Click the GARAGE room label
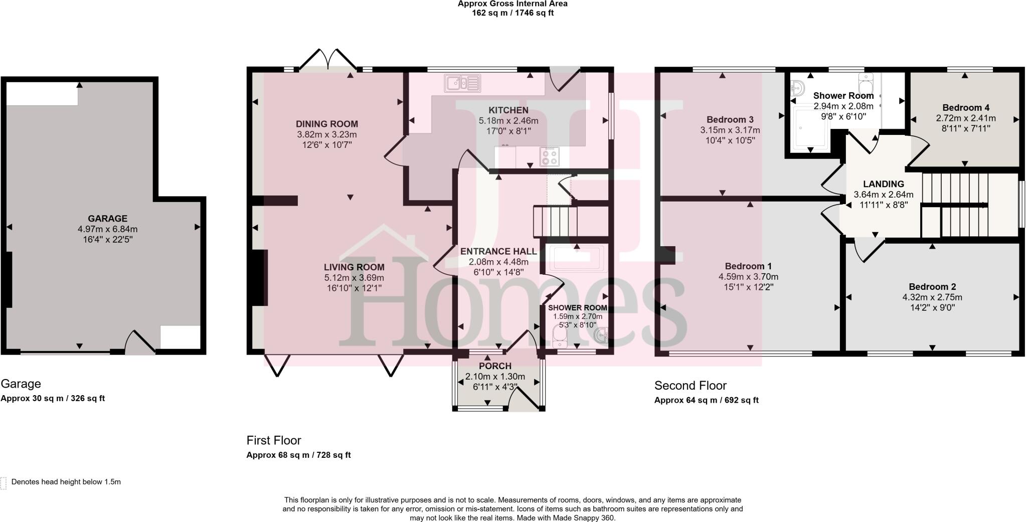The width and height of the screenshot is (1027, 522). click(x=107, y=219)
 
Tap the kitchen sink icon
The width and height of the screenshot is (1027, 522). click(x=462, y=83)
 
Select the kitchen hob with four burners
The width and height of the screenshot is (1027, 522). click(x=550, y=156)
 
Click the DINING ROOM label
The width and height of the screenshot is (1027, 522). click(x=326, y=124)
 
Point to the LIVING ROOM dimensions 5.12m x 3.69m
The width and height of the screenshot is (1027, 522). click(x=354, y=278)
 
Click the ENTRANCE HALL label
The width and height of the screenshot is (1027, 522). click(x=498, y=252)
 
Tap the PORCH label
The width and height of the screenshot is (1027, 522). click(x=495, y=367)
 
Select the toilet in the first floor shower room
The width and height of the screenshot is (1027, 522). click(x=558, y=337)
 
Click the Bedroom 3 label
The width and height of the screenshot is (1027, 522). click(x=730, y=120)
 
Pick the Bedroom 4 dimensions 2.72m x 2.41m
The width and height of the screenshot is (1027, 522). click(x=965, y=119)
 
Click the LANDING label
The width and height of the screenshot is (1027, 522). click(x=883, y=184)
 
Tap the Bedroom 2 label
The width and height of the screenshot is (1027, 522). click(x=932, y=287)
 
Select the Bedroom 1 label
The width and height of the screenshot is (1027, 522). click(x=748, y=266)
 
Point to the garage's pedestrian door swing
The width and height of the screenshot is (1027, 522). click(x=139, y=342)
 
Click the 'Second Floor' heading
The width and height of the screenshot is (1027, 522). click(x=690, y=386)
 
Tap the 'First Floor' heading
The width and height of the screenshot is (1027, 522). click(x=273, y=440)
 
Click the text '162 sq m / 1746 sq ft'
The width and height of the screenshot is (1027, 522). click(x=512, y=13)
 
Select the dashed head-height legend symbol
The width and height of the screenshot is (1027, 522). click(x=4, y=482)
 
